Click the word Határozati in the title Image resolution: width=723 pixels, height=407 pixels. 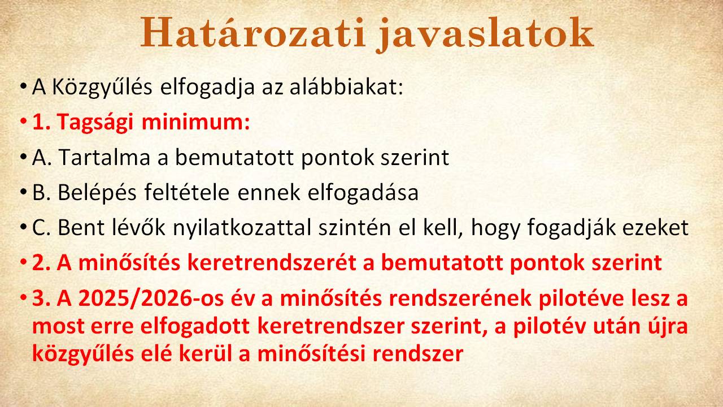[254, 33]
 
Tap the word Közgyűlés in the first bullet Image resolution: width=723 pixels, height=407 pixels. [102, 87]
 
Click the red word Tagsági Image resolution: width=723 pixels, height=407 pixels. [95, 123]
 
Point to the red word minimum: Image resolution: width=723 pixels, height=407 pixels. [196, 122]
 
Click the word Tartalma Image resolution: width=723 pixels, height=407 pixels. [104, 158]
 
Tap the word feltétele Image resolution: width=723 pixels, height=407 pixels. [187, 192]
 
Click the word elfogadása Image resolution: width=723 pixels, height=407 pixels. [363, 193]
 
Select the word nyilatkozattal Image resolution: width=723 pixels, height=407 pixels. [242, 227]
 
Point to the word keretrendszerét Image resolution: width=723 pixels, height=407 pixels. [272, 263]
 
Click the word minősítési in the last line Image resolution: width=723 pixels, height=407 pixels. [311, 354]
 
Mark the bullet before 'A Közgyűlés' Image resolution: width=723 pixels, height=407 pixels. [23, 87]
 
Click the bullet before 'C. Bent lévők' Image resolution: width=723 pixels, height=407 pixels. [23, 228]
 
